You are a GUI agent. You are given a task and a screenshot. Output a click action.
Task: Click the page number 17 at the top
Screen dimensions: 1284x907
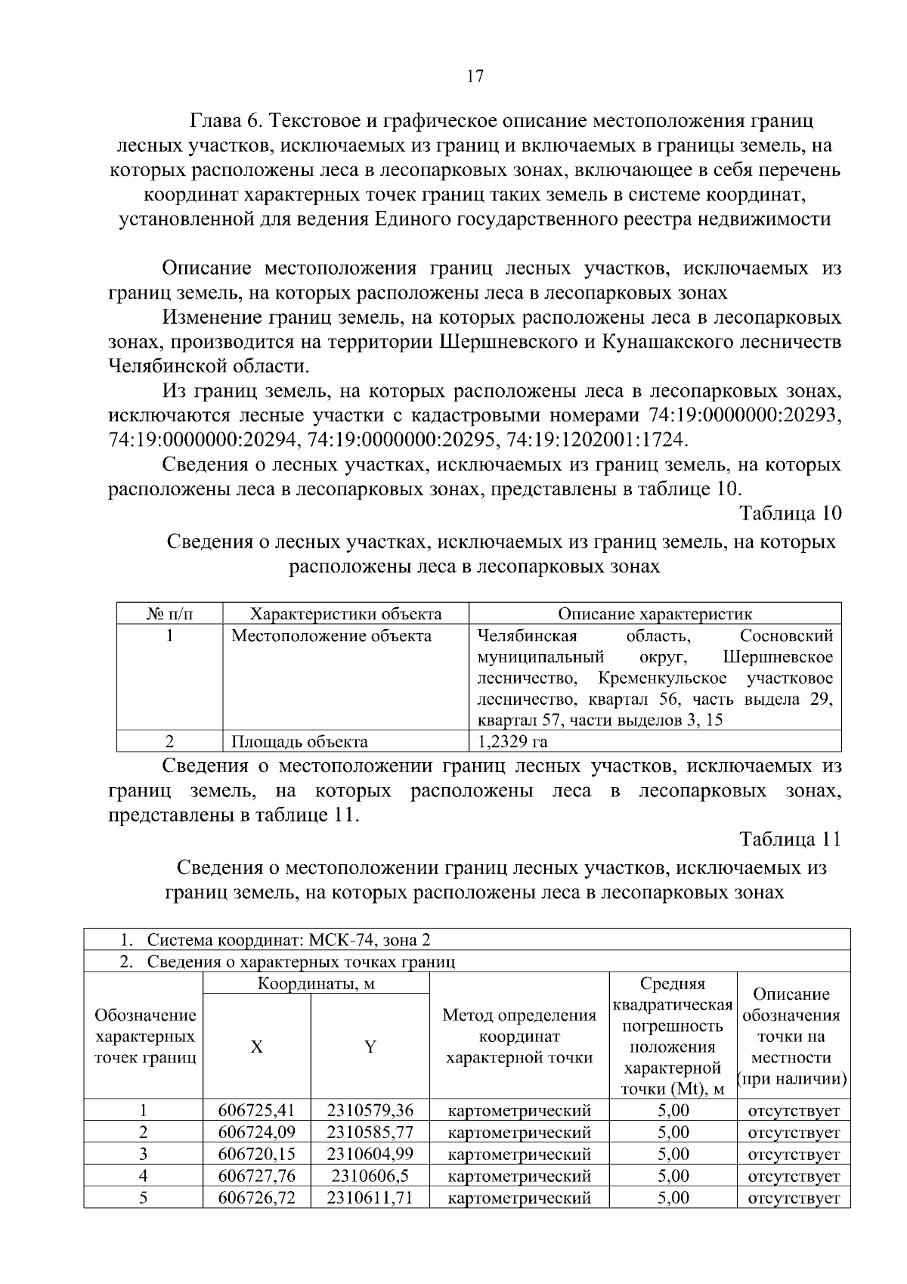475,76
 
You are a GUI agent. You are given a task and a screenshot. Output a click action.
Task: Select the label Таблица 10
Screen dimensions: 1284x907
790,513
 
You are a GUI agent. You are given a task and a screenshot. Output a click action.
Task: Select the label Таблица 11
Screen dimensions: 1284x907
790,839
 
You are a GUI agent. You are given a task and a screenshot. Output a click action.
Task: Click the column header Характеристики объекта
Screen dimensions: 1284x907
345,614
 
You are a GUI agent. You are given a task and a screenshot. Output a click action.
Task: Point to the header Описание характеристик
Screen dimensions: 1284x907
655,614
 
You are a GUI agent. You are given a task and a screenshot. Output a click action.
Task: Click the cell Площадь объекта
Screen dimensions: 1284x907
299,741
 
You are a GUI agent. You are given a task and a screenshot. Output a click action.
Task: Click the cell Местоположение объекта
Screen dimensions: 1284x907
331,636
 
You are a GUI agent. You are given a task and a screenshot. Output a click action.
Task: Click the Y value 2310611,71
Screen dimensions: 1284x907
370,1198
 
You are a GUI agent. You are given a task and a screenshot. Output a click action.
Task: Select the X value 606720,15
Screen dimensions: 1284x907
256,1154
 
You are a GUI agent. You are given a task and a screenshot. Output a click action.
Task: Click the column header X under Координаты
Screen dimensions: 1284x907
257,1047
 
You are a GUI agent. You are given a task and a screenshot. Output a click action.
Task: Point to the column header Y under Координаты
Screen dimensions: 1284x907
370,1047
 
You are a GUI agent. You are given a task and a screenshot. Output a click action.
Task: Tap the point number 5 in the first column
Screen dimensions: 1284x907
143,1198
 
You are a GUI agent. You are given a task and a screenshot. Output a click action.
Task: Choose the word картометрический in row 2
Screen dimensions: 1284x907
519,1133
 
